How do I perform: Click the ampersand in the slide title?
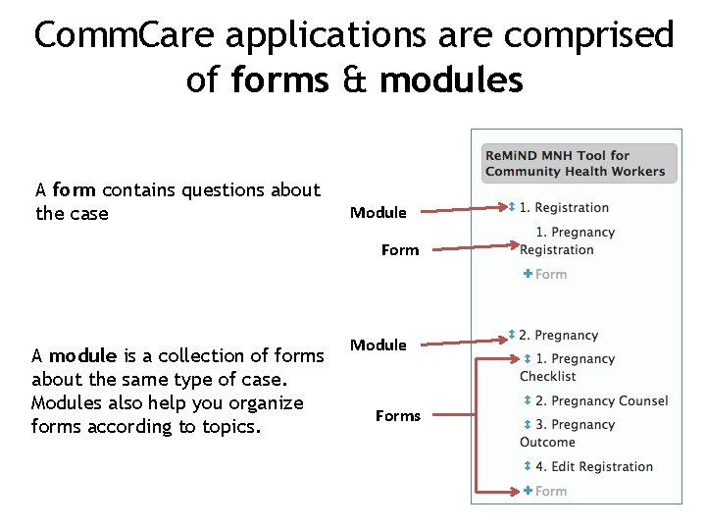point(354,79)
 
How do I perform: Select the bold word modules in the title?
point(451,79)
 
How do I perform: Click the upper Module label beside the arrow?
point(378,213)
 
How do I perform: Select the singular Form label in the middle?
point(399,250)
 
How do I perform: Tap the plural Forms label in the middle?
point(397,416)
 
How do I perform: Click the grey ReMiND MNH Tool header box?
point(579,163)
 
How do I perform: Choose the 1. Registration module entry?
point(564,208)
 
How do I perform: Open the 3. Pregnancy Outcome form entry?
point(569,433)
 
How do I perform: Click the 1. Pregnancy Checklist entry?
point(569,367)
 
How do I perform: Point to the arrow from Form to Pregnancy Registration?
point(476,247)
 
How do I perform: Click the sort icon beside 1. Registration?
point(511,207)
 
